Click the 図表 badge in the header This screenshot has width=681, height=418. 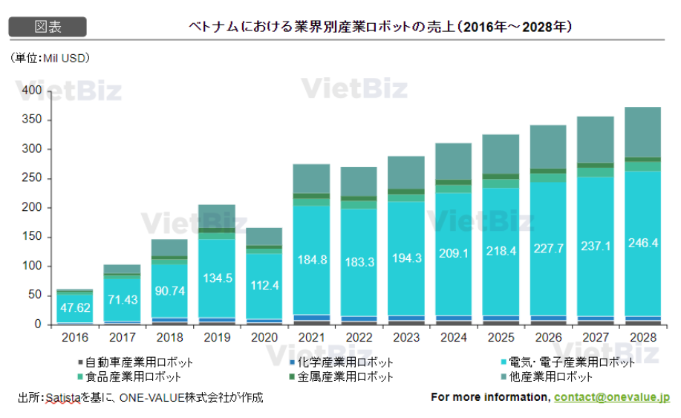coord(48,27)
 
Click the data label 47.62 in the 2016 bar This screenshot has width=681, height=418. coord(74,307)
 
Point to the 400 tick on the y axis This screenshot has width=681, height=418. coord(31,91)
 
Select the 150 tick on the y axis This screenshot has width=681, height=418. coord(31,237)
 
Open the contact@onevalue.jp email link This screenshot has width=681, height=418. coord(611,397)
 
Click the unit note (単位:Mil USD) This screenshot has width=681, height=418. coord(50,57)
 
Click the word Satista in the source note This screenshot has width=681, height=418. coord(62,398)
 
